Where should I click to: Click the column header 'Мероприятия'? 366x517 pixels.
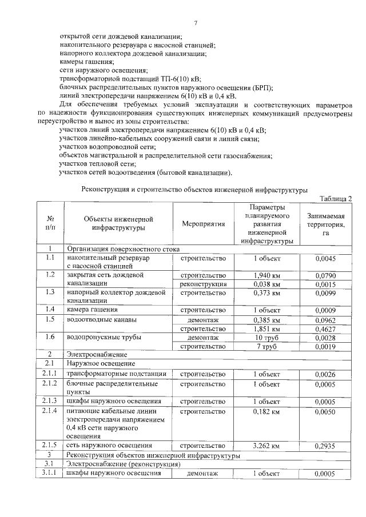tap(204, 225)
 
